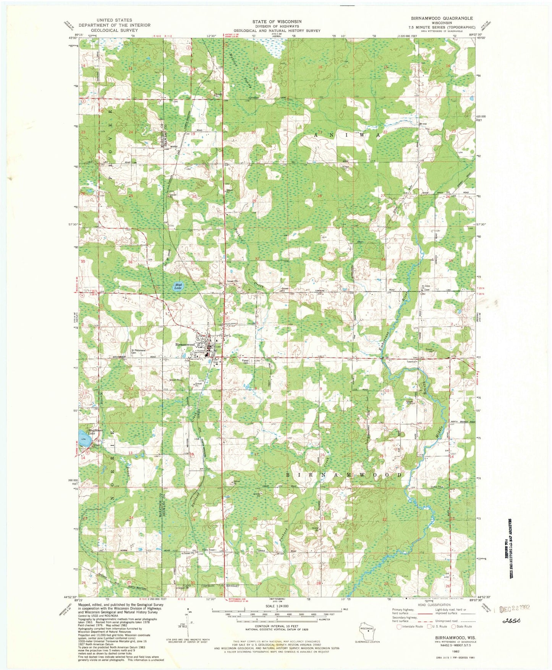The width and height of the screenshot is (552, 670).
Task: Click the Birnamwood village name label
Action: tap(186, 345)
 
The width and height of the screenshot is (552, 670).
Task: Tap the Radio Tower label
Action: tap(209, 550)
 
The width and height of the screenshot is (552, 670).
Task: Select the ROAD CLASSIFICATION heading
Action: tap(434, 605)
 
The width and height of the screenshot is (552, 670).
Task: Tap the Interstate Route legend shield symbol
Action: tap(399, 626)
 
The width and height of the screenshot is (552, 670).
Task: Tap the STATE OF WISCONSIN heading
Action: tap(277, 21)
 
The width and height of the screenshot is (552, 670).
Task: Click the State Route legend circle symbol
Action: tap(454, 626)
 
